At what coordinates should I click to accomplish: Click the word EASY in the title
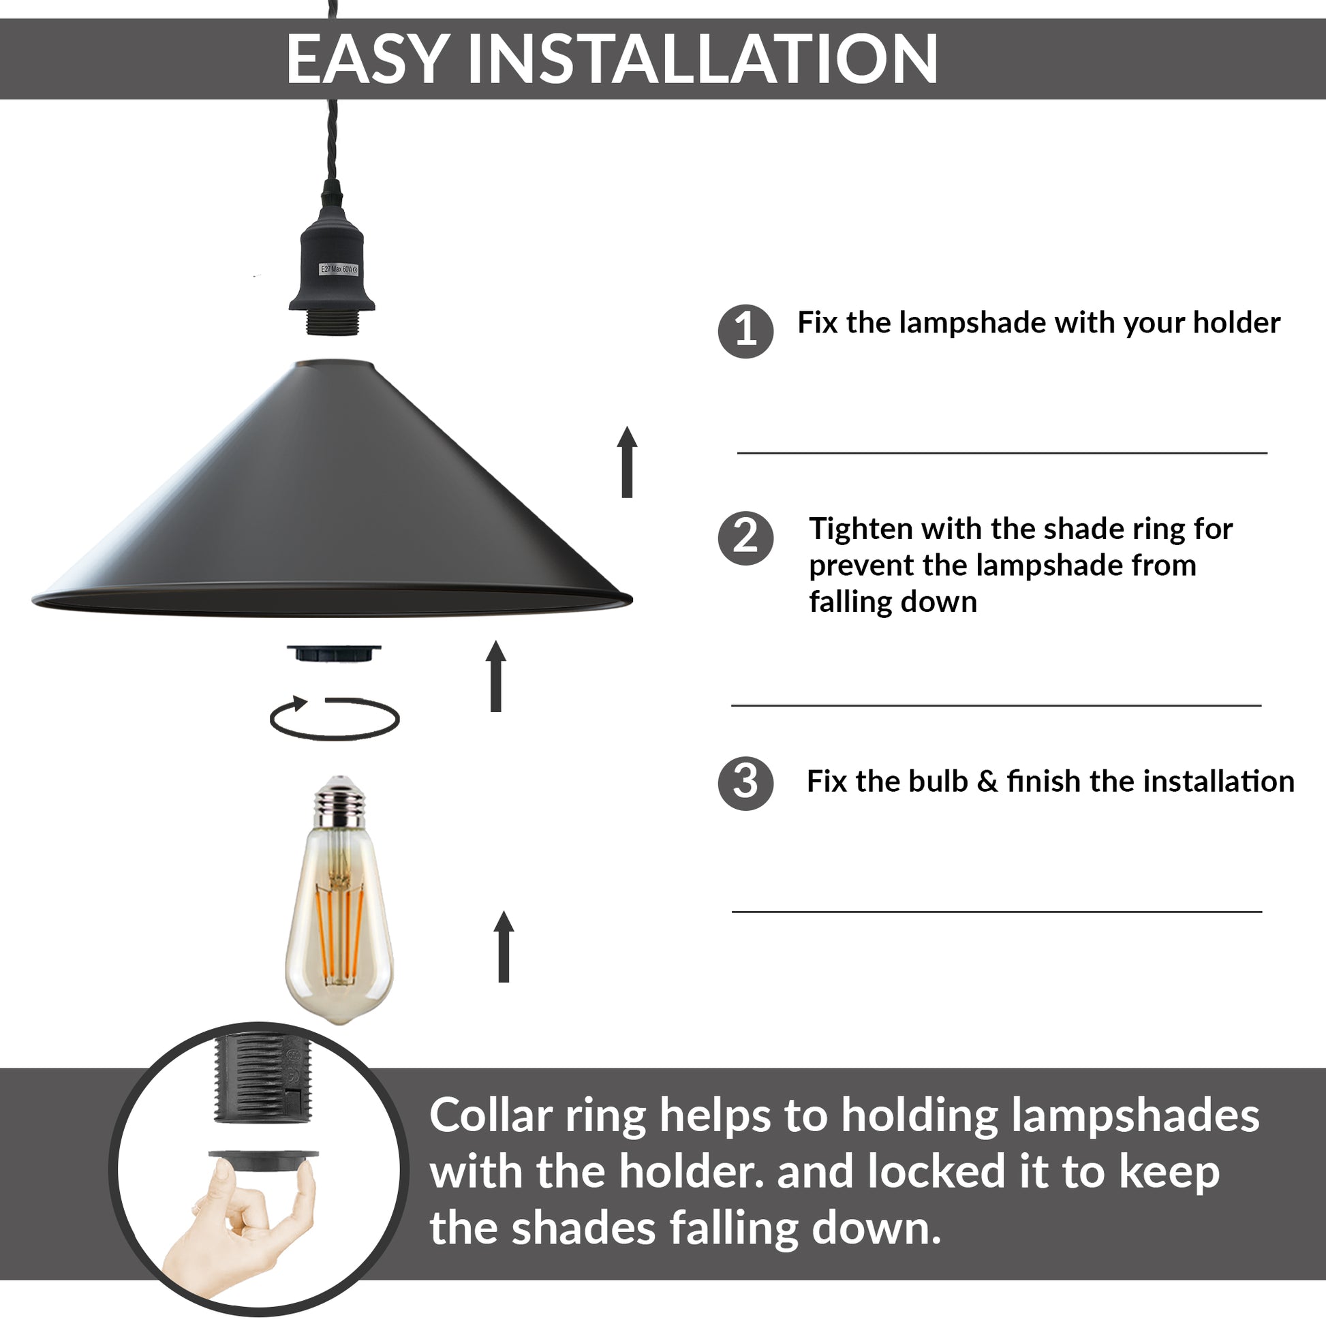click(368, 59)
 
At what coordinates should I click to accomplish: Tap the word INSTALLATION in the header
click(702, 59)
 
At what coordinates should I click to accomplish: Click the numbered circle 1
click(745, 330)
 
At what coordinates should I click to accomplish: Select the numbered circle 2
click(745, 538)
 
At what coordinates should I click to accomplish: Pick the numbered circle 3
click(745, 782)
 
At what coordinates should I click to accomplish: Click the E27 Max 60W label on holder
click(339, 269)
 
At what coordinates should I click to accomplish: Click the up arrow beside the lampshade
click(627, 461)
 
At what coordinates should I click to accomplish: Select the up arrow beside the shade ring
click(495, 676)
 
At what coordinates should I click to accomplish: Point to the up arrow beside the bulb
click(504, 946)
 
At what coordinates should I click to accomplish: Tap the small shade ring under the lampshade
click(335, 653)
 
